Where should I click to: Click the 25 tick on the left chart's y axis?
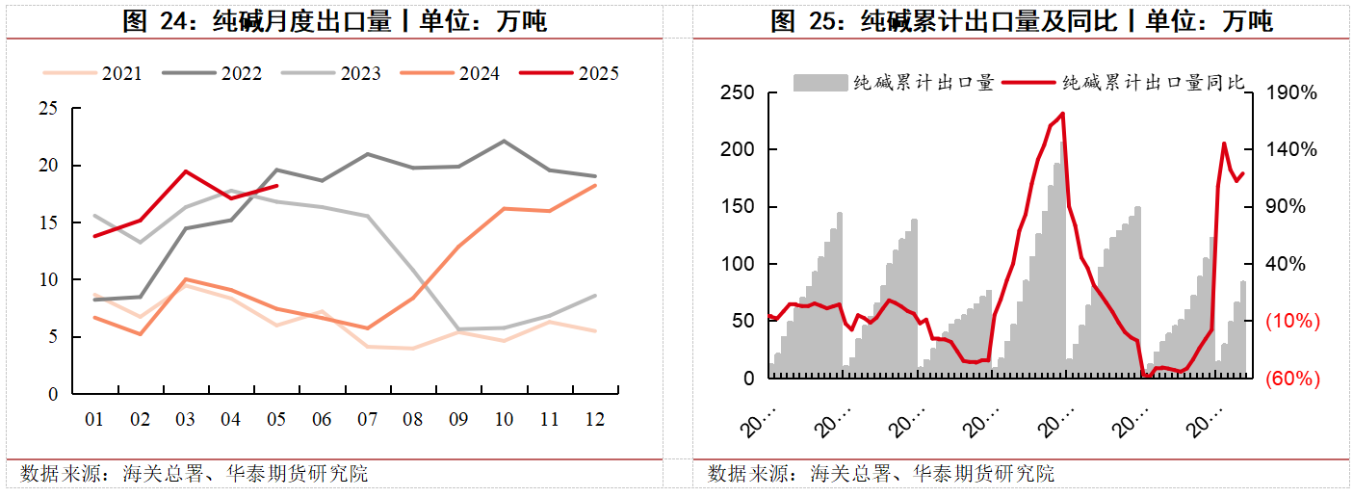point(48,109)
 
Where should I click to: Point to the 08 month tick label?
point(413,420)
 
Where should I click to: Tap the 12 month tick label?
point(596,420)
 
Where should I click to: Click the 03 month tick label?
point(185,420)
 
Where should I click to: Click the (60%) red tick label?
point(1292,379)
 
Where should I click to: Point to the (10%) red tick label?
point(1292,322)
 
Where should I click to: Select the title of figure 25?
point(1022,21)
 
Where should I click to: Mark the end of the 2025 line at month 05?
point(277,186)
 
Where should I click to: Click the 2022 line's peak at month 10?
point(505,141)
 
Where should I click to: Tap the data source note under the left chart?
point(194,474)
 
